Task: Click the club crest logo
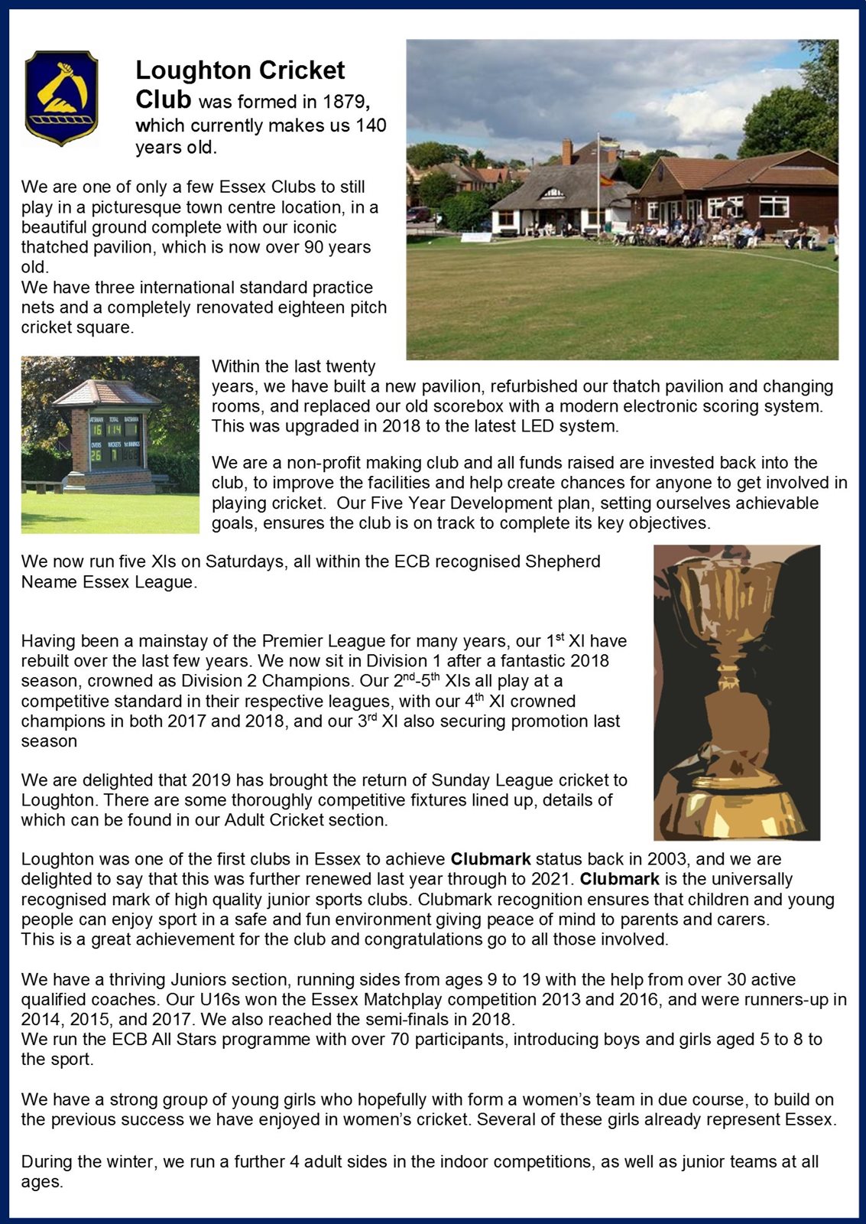[x=61, y=97]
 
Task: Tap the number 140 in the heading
[x=371, y=125]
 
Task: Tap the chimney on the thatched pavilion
[x=566, y=151]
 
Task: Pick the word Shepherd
[x=563, y=562]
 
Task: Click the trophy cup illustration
[x=736, y=692]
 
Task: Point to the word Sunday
[x=459, y=780]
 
